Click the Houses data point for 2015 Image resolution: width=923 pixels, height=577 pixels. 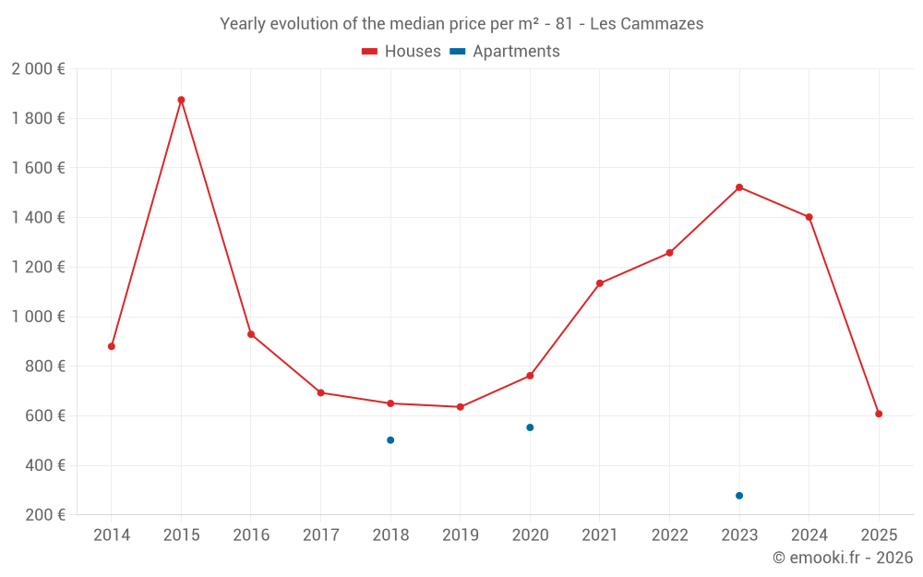[181, 100]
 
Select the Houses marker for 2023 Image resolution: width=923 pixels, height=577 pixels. [739, 187]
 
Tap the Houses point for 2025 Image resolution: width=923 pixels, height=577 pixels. [879, 414]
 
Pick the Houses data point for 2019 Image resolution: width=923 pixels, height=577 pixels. [460, 407]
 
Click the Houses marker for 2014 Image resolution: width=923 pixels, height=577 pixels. [112, 346]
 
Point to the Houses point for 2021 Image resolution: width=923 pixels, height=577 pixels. [600, 283]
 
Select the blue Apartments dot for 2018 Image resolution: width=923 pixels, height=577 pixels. [390, 440]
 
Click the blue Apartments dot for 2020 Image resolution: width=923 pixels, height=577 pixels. [530, 427]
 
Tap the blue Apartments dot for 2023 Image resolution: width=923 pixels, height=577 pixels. [739, 496]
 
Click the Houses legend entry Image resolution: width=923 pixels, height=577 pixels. [402, 52]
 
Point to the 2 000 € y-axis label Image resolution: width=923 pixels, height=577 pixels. [38, 69]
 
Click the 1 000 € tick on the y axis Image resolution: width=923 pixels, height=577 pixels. [38, 317]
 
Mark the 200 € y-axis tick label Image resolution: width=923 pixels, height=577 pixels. [44, 515]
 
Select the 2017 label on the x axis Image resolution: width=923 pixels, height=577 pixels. [320, 535]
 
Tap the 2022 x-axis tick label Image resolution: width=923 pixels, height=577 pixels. [669, 535]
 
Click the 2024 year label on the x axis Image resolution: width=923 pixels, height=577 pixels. [809, 535]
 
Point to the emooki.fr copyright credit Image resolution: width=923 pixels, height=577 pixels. [843, 558]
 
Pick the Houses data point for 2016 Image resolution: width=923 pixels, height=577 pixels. [251, 334]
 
